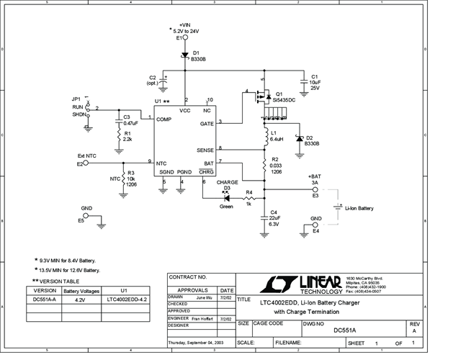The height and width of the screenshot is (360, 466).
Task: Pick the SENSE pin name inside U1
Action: click(x=205, y=149)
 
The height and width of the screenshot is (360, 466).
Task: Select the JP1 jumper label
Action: click(x=76, y=100)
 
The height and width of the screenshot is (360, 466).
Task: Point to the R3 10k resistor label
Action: click(x=130, y=178)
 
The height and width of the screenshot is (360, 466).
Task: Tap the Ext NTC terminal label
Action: click(x=86, y=156)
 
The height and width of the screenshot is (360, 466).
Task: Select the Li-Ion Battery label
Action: click(x=359, y=208)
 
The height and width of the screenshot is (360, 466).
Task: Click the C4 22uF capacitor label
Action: click(x=274, y=217)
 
